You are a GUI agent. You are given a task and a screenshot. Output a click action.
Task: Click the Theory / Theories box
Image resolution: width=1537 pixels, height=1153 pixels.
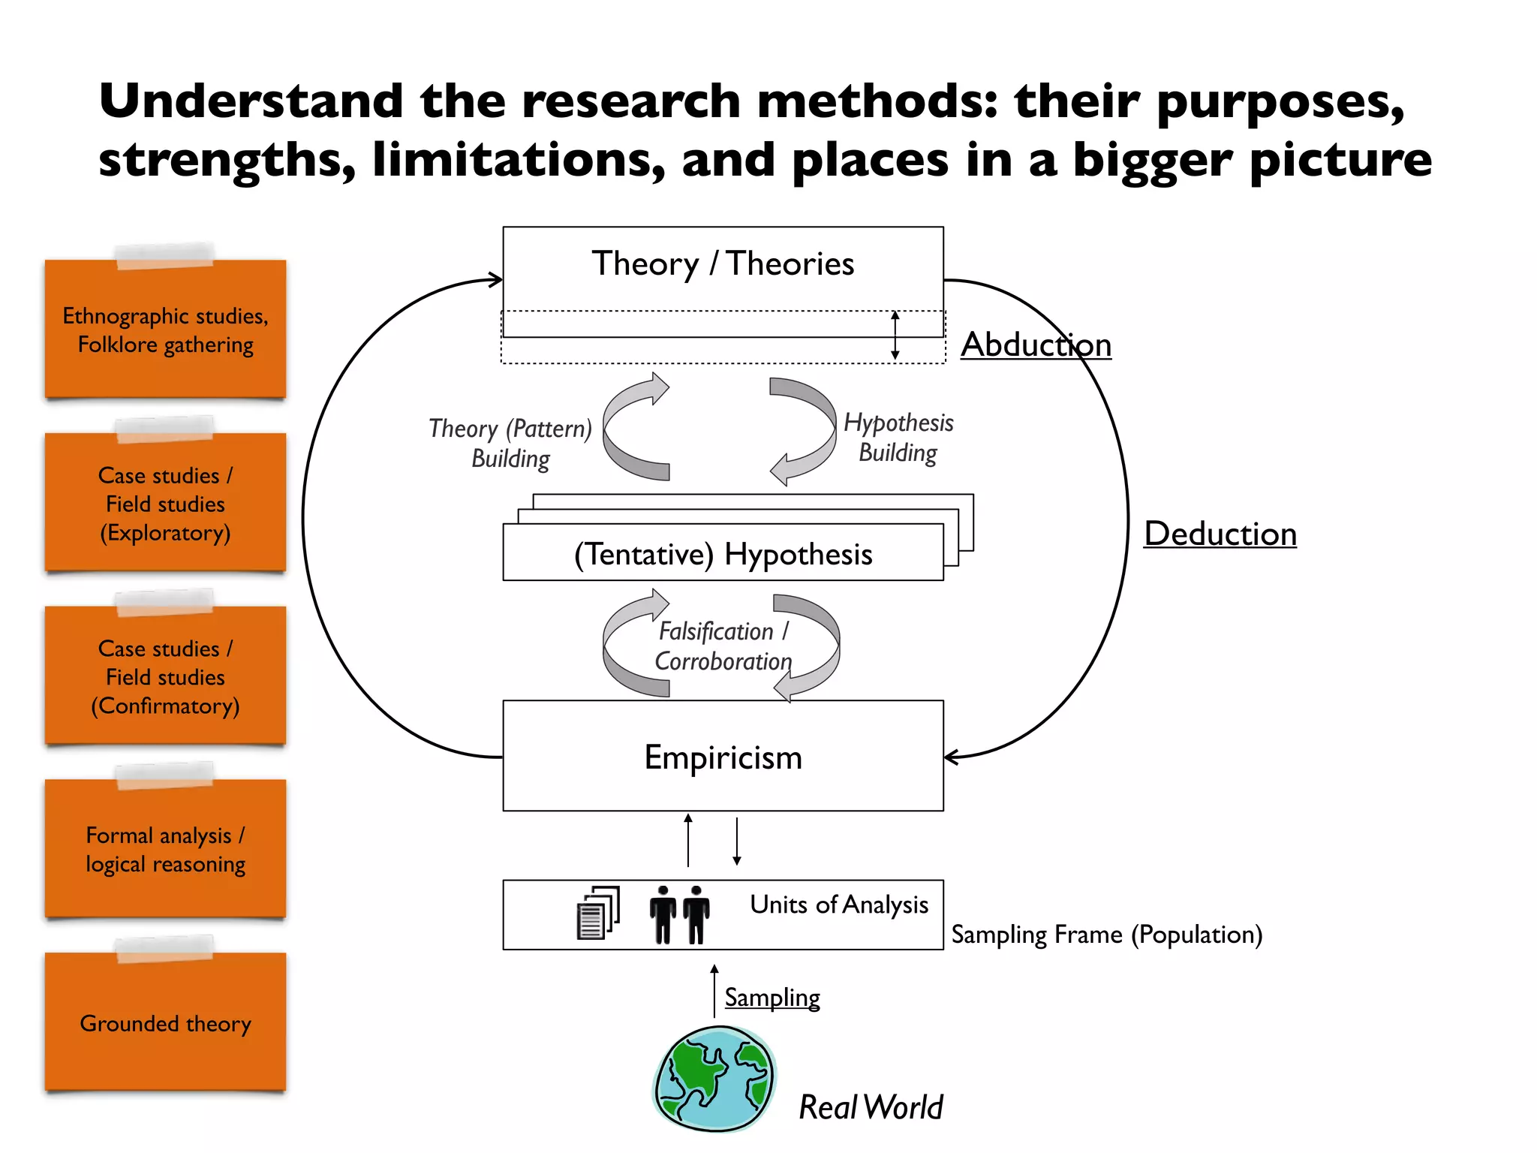pos(723,265)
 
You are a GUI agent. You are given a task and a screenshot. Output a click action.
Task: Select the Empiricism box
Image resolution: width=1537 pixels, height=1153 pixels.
pos(723,757)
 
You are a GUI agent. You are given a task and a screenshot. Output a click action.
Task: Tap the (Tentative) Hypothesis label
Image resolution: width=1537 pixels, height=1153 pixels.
pos(723,555)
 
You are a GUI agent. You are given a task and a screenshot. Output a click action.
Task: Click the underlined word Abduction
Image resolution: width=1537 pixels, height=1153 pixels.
pos(1036,345)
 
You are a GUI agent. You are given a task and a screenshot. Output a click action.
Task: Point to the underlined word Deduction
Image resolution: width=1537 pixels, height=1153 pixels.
pos(1220,534)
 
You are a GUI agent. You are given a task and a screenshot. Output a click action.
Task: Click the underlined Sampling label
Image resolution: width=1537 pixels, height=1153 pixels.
pos(772,998)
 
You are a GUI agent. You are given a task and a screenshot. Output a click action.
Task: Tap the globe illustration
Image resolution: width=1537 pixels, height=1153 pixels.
pos(714,1078)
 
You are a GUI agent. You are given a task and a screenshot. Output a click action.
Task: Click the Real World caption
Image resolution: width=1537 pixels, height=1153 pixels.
pos(870,1107)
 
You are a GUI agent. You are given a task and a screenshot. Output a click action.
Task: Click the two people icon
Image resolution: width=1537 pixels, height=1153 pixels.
pos(679,914)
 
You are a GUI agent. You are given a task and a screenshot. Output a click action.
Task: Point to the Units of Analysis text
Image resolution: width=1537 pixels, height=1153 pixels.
pos(838,905)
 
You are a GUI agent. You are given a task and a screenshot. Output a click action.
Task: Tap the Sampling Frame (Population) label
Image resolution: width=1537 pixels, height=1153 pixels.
pos(1106,935)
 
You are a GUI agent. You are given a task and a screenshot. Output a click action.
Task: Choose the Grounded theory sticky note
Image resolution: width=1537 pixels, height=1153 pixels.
pos(165,1023)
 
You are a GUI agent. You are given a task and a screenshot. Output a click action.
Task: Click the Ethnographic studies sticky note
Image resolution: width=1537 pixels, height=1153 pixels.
pos(165,330)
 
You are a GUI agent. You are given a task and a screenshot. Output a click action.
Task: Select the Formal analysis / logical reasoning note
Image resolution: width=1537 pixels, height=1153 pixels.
pos(165,850)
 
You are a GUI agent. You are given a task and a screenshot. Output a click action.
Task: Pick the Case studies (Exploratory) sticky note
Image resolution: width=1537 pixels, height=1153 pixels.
pos(165,504)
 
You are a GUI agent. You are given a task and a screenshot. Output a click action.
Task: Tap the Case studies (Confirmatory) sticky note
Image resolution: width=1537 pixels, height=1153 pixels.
pos(165,677)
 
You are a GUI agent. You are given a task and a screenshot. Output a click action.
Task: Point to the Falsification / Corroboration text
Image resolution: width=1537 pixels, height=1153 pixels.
pos(723,646)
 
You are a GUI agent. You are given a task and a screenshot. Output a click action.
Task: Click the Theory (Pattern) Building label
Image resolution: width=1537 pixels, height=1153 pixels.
pos(510,444)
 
